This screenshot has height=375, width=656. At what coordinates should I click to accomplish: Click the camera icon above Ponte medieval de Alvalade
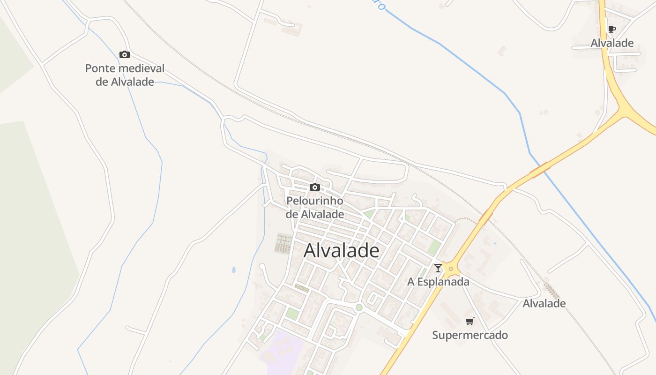(125, 54)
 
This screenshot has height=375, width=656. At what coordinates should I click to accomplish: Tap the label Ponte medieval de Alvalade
(125, 75)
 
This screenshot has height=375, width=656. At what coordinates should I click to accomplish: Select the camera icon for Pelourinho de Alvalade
(315, 187)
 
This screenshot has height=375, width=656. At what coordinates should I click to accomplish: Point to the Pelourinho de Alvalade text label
(315, 208)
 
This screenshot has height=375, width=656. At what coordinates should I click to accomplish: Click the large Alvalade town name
(341, 250)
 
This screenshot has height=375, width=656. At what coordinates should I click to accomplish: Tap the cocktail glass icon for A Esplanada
(438, 268)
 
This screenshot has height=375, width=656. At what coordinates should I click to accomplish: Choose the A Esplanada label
(438, 282)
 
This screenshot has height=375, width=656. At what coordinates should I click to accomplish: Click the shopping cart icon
(470, 321)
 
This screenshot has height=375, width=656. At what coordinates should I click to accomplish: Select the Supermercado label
(470, 335)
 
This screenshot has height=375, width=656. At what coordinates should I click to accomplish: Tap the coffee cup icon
(611, 29)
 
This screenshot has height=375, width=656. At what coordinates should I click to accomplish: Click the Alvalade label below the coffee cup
(612, 43)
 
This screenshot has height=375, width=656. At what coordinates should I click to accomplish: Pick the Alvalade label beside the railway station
(544, 303)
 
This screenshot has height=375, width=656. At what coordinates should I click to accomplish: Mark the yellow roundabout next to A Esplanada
(451, 269)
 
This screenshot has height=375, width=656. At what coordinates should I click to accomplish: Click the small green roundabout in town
(359, 307)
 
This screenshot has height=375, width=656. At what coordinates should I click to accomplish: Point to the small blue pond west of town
(234, 270)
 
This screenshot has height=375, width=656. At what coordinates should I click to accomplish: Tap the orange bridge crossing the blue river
(540, 169)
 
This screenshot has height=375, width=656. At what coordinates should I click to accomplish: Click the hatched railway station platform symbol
(552, 291)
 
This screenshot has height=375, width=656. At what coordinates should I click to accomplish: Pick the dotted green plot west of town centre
(283, 243)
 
